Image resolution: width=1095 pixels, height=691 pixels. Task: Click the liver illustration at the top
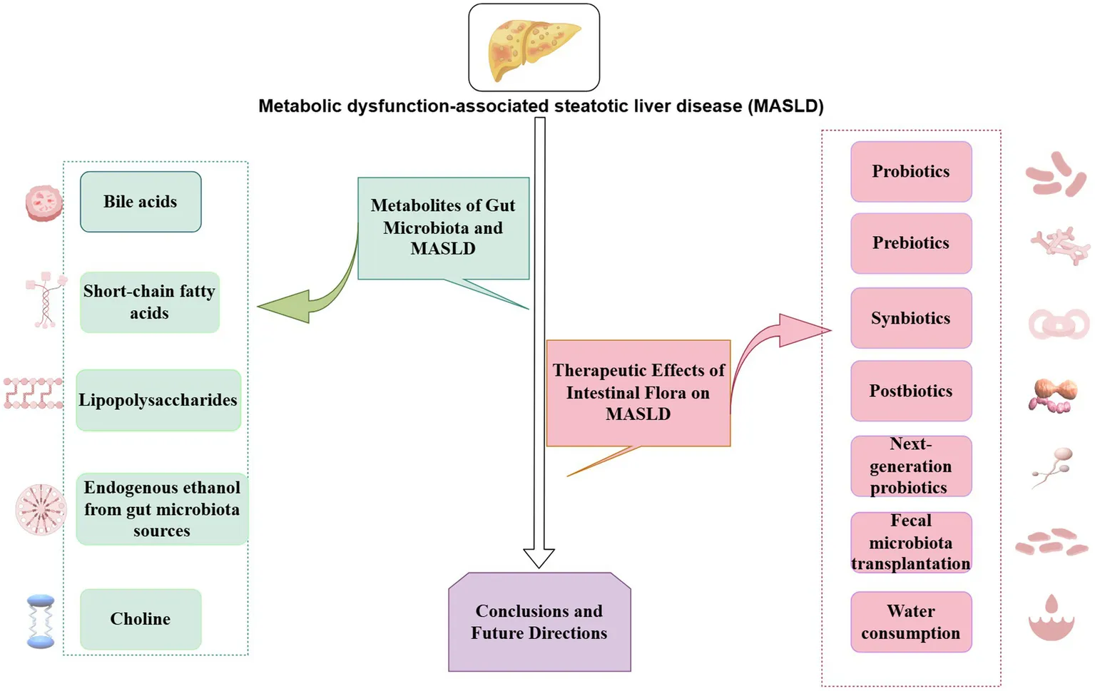point(534,47)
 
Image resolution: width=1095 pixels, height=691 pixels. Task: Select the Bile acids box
point(141,202)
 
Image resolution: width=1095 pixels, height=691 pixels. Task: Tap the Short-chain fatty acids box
point(149,302)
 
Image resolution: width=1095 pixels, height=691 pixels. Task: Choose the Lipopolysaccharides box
point(158,400)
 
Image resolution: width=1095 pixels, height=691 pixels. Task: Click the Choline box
point(141,619)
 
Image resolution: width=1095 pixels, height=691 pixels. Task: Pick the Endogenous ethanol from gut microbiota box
point(162,509)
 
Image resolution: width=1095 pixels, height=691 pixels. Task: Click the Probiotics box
point(911,172)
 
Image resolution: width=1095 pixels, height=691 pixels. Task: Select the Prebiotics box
point(911,243)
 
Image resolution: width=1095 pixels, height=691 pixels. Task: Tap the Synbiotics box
point(911,318)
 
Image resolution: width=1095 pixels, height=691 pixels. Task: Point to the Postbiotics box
point(911,391)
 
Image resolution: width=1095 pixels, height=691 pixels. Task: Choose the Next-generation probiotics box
point(911,466)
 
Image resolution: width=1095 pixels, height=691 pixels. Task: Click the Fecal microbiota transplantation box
point(911,542)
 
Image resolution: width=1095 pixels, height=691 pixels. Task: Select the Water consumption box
point(911,622)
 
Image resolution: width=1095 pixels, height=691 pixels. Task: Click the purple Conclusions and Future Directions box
point(539,622)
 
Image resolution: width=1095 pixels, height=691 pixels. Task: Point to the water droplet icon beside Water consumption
point(1051,618)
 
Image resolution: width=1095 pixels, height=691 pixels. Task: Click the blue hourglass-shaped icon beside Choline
point(41,622)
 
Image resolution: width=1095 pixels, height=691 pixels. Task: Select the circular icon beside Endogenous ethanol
point(41,510)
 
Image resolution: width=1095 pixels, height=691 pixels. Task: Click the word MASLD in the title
point(785,106)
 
